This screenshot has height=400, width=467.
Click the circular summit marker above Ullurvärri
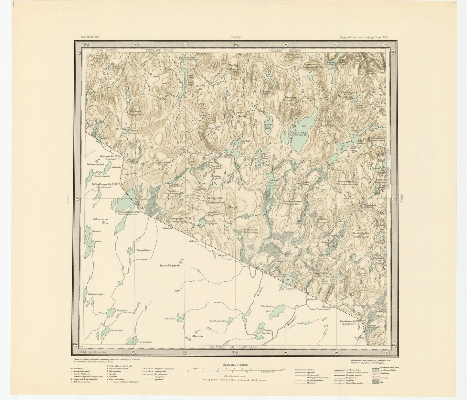196,332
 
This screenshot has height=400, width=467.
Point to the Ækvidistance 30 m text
236,376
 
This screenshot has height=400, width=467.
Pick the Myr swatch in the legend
376,383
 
